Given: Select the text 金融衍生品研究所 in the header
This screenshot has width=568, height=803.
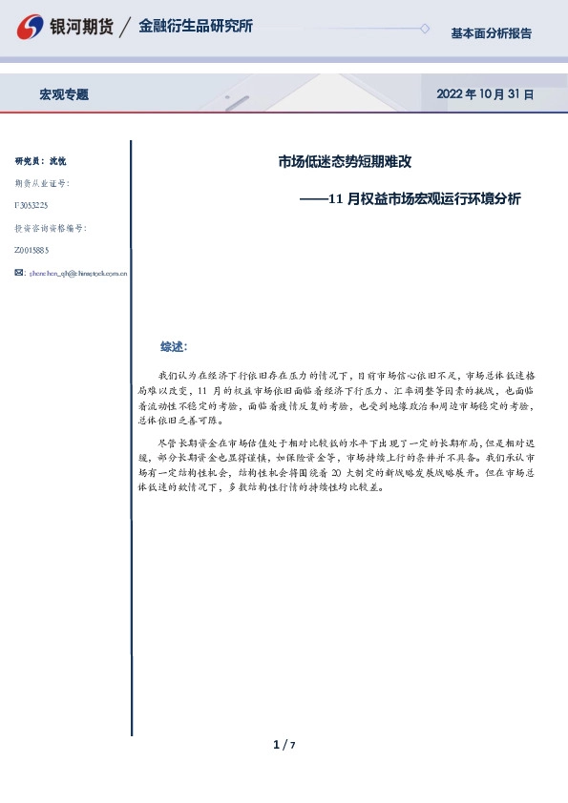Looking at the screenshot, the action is (196, 27).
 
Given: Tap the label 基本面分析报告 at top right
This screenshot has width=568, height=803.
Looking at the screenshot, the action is (491, 33).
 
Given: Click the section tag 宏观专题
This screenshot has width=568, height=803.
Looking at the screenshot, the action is (64, 94).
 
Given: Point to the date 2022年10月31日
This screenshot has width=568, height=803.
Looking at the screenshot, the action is (485, 94).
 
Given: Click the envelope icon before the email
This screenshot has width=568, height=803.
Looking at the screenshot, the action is (19, 274).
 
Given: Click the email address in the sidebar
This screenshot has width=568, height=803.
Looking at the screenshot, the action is (79, 274).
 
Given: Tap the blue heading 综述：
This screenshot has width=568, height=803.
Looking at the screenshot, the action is (174, 346).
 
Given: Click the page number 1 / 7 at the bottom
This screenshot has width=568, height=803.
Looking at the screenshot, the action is (284, 745).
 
